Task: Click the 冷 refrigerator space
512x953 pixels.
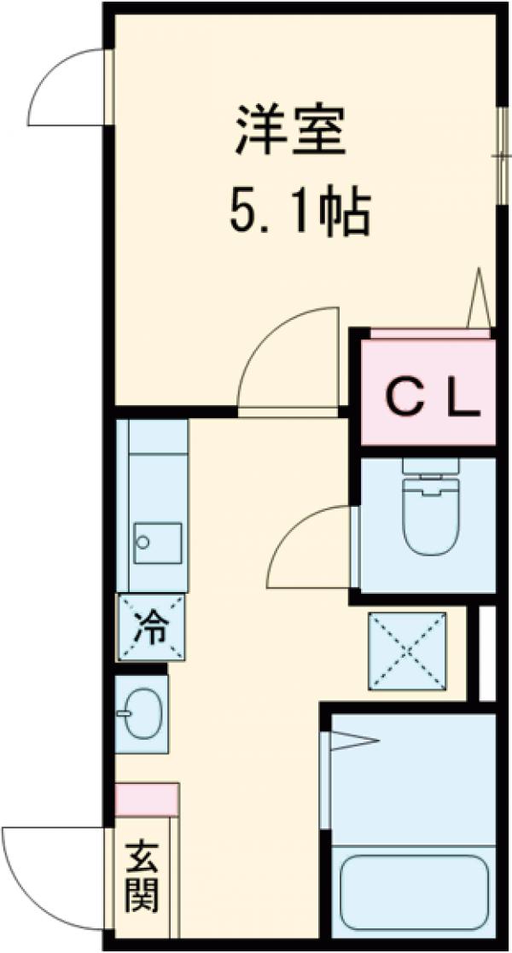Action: (153, 628)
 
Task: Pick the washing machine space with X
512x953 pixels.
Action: (408, 651)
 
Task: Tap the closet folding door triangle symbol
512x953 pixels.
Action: (479, 299)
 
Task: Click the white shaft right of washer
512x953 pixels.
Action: (487, 653)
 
